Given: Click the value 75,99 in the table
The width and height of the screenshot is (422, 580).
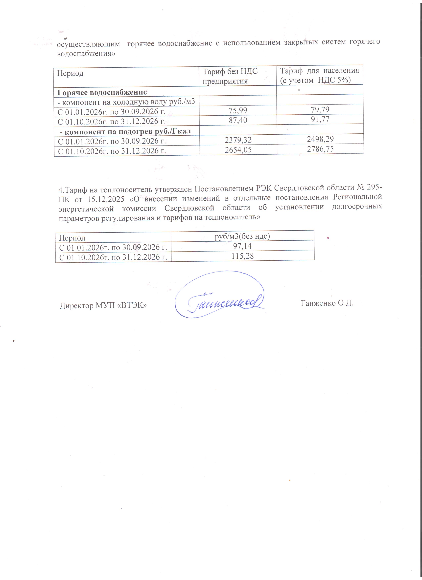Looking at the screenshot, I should [x=238, y=110].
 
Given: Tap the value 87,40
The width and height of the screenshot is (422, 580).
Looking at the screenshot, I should [x=238, y=120].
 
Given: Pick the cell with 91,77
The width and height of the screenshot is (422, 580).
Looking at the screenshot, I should [x=320, y=119].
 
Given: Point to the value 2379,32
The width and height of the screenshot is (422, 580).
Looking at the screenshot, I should [x=238, y=140].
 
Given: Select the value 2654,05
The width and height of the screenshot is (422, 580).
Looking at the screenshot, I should [x=238, y=150].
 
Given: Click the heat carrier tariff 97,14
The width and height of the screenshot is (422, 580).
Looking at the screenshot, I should [x=242, y=246].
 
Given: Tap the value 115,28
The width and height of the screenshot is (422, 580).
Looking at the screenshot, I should [x=242, y=256].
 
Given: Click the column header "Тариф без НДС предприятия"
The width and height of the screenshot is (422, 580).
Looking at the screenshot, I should [x=230, y=76].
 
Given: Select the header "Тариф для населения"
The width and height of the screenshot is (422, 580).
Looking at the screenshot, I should [x=319, y=75].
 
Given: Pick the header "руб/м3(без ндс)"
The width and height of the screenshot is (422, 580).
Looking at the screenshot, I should [x=242, y=236].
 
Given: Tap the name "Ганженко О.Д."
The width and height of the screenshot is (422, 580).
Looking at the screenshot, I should [x=327, y=303].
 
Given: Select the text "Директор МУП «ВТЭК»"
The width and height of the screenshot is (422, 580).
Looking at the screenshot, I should [x=103, y=306].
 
